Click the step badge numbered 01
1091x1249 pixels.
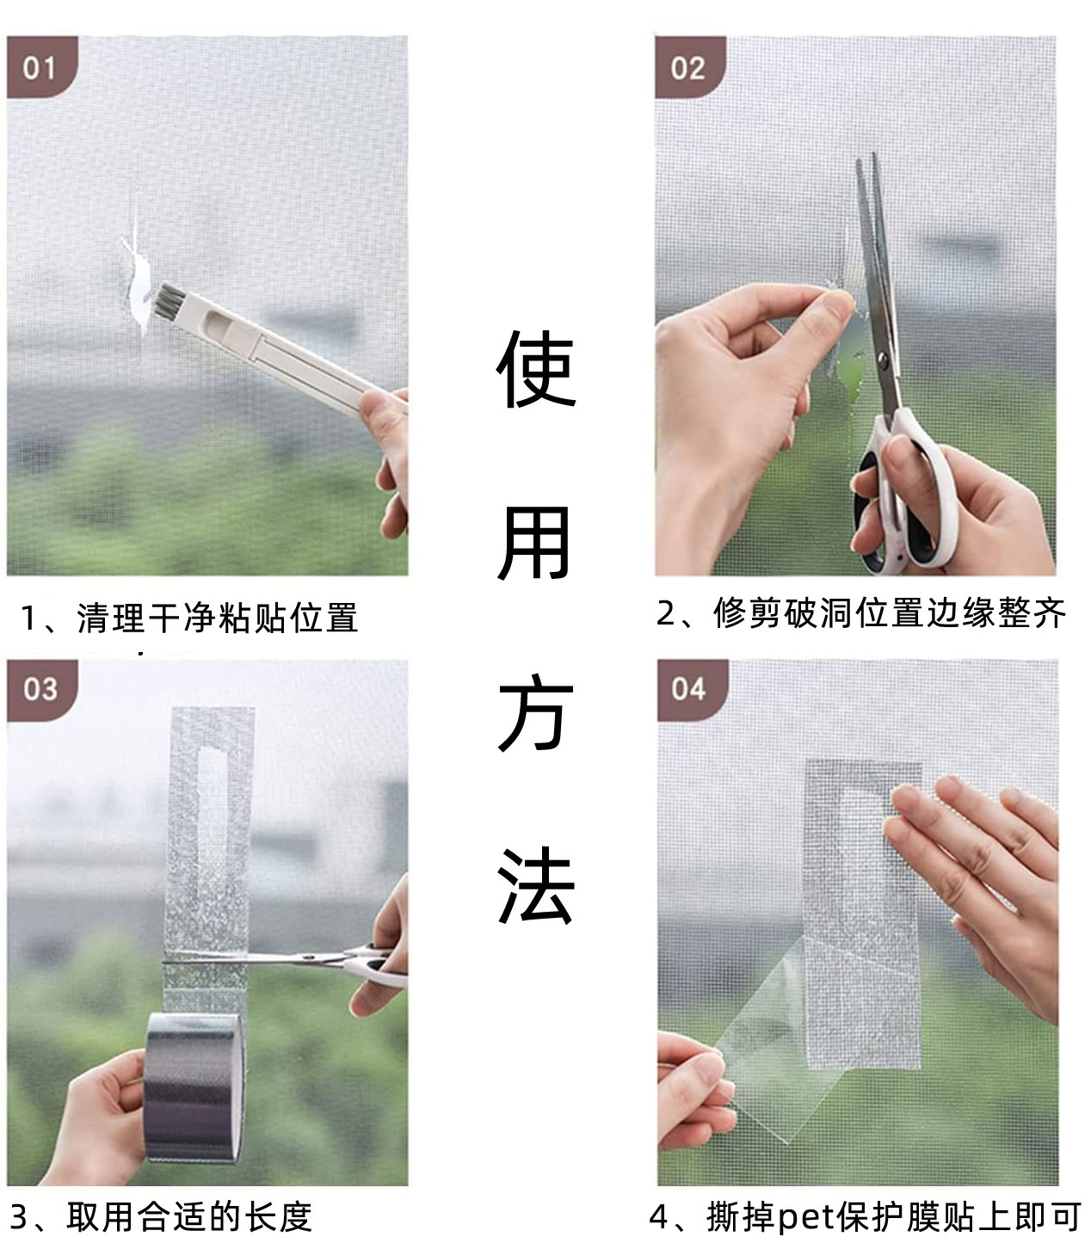click(x=40, y=67)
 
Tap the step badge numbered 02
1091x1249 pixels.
click(x=688, y=67)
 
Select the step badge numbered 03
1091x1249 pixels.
click(x=40, y=689)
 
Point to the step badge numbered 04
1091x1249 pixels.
click(x=689, y=689)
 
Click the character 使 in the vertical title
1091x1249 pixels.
click(x=534, y=370)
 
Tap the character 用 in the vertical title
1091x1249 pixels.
click(x=534, y=543)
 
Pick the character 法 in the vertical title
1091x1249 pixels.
click(x=534, y=886)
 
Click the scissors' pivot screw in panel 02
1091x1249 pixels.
click(x=881, y=354)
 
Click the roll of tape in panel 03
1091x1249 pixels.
click(x=194, y=1088)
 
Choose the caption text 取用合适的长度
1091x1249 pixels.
click(x=189, y=1217)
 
